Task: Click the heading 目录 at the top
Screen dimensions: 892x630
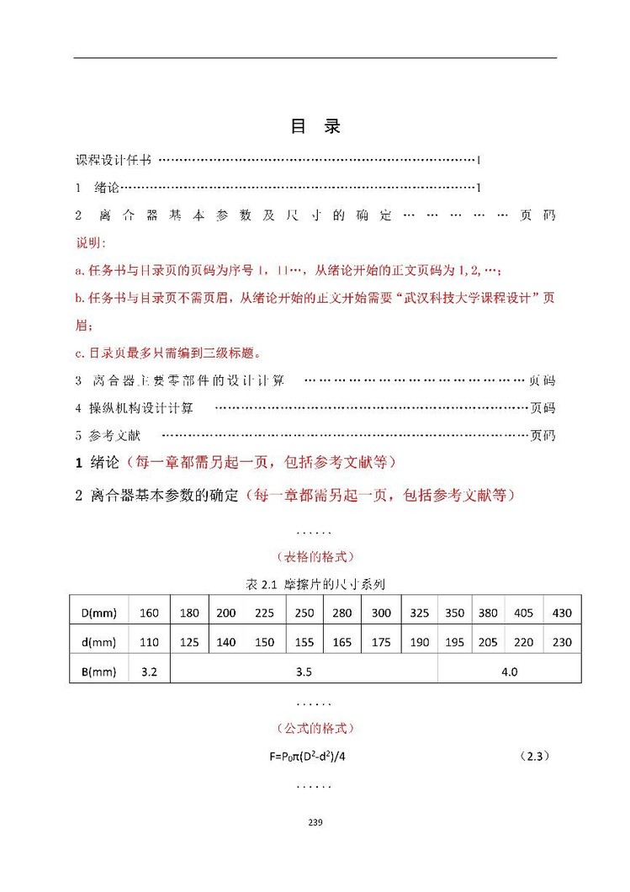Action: pyautogui.click(x=315, y=127)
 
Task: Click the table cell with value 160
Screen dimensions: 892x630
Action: pyautogui.click(x=149, y=613)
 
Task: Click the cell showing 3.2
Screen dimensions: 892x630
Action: pyautogui.click(x=149, y=671)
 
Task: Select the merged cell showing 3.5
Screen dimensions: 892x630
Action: pyautogui.click(x=304, y=671)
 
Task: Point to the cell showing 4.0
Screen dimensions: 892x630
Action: pyautogui.click(x=509, y=671)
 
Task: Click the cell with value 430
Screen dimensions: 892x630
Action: pyautogui.click(x=561, y=613)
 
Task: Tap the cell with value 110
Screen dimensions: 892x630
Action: pyautogui.click(x=149, y=642)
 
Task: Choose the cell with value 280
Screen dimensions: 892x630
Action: pyautogui.click(x=341, y=613)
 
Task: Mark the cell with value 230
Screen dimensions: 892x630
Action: pyautogui.click(x=561, y=642)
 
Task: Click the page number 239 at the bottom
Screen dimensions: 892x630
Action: pyautogui.click(x=315, y=822)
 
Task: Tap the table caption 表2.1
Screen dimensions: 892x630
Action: pyautogui.click(x=315, y=583)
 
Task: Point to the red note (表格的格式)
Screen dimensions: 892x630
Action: pyautogui.click(x=315, y=556)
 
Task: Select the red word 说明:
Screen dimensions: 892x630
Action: pyautogui.click(x=88, y=242)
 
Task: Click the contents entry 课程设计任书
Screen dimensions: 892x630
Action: pyautogui.click(x=114, y=159)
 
